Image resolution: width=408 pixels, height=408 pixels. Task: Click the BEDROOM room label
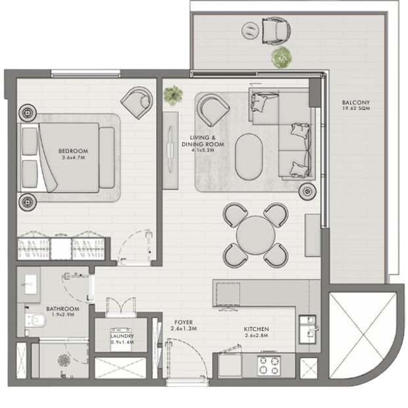pyautogui.click(x=74, y=151)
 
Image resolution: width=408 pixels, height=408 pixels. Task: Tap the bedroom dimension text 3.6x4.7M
pyautogui.click(x=74, y=158)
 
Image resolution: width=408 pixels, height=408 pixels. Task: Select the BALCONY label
pyautogui.click(x=356, y=103)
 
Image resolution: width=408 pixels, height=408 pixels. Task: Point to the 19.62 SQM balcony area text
pyautogui.click(x=356, y=109)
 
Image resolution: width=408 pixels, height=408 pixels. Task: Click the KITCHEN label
pyautogui.click(x=256, y=329)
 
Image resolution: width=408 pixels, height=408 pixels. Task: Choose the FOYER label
pyautogui.click(x=184, y=322)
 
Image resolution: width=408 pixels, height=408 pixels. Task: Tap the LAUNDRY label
pyautogui.click(x=122, y=336)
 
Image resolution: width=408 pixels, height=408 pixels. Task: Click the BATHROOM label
pyautogui.click(x=63, y=309)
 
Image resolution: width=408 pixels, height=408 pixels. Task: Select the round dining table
pyautogui.click(x=255, y=235)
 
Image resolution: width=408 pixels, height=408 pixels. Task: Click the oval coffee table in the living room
pyautogui.click(x=249, y=157)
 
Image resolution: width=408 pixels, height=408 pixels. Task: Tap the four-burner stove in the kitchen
pyautogui.click(x=268, y=365)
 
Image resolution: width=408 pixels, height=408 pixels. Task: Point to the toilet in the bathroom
pyautogui.click(x=36, y=320)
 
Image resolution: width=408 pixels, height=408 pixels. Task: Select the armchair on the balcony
pyautogui.click(x=276, y=30)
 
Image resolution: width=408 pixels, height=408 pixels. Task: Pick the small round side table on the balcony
pyautogui.click(x=251, y=30)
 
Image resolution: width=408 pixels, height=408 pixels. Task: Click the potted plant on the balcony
pyautogui.click(x=281, y=57)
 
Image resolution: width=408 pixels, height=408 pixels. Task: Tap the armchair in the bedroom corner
pyautogui.click(x=137, y=103)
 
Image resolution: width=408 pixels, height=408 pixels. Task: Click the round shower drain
pyautogui.click(x=64, y=361)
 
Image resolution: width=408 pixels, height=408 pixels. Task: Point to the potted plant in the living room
pyautogui.click(x=173, y=95)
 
